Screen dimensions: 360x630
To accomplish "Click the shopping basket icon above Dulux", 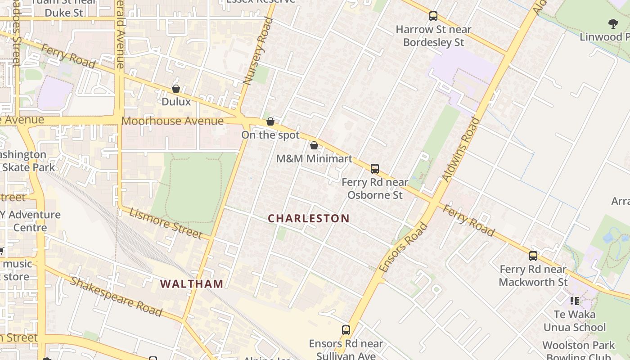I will pyautogui.click(x=176, y=89).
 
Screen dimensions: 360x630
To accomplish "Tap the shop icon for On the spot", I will pyautogui.click(x=270, y=122).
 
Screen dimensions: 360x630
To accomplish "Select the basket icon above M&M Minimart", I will pyautogui.click(x=314, y=146).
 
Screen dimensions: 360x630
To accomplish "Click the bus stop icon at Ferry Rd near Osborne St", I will pyautogui.click(x=375, y=169).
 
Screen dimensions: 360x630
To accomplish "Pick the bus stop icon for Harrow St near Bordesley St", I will pyautogui.click(x=433, y=16).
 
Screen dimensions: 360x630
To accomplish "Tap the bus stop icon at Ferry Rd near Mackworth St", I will pyautogui.click(x=533, y=256).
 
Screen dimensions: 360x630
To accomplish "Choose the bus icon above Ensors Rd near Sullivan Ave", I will pyautogui.click(x=346, y=330).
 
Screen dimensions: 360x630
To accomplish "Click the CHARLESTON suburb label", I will pyautogui.click(x=309, y=219).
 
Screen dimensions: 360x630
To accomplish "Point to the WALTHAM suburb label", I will pyautogui.click(x=192, y=284).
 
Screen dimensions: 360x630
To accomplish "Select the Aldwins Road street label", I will pyautogui.click(x=461, y=149).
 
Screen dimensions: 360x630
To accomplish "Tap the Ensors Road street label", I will pyautogui.click(x=403, y=247).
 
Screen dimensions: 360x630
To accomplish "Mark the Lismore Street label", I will pyautogui.click(x=166, y=223).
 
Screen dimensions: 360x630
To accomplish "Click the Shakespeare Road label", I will pyautogui.click(x=116, y=297).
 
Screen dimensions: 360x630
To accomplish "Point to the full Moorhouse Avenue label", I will pyautogui.click(x=172, y=121).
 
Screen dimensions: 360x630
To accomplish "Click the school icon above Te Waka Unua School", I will pyautogui.click(x=574, y=301).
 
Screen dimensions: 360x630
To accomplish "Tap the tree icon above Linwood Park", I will pyautogui.click(x=613, y=24).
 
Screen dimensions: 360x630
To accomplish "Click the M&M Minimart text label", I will pyautogui.click(x=314, y=158).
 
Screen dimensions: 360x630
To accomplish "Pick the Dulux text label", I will pyautogui.click(x=176, y=102).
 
